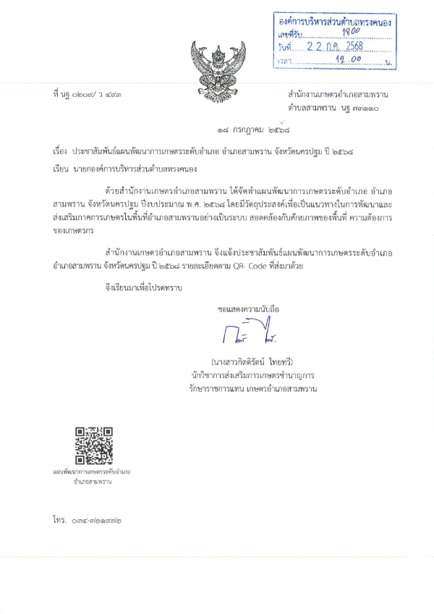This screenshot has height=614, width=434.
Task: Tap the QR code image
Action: (93, 445)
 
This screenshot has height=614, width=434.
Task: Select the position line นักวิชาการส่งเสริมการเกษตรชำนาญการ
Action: (252, 375)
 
